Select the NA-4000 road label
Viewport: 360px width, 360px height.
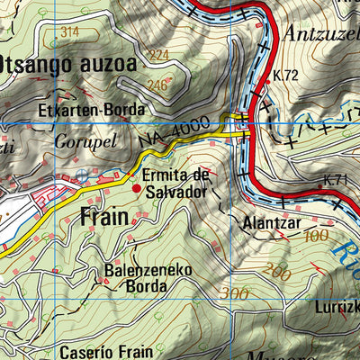pos(175,131)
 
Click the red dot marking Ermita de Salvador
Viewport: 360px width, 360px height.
pos(137,189)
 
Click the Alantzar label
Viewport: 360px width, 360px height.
pos(265,220)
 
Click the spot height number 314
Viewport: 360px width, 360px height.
pos(68,31)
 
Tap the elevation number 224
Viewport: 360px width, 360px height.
pos(159,55)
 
